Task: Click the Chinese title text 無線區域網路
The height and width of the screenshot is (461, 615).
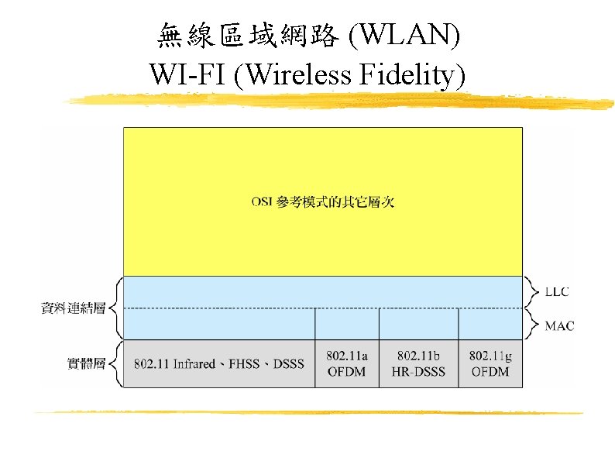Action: click(247, 36)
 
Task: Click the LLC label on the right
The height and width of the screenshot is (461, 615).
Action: click(557, 292)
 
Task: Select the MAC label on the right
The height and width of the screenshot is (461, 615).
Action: click(559, 326)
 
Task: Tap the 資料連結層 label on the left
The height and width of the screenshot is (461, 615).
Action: click(72, 308)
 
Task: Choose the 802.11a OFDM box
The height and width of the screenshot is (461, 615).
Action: click(347, 363)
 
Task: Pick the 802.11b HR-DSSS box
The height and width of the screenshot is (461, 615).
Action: click(418, 363)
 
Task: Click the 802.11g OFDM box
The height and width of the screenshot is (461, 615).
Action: click(490, 363)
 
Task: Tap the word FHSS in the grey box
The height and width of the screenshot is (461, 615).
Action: click(245, 364)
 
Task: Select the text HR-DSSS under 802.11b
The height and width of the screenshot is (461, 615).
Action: click(418, 372)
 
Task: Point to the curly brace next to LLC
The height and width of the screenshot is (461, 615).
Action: click(532, 292)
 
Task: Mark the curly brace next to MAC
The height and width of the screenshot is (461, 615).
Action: click(532, 325)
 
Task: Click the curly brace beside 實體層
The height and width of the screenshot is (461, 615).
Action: click(114, 363)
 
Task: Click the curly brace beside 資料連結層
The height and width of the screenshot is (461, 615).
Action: click(114, 308)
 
